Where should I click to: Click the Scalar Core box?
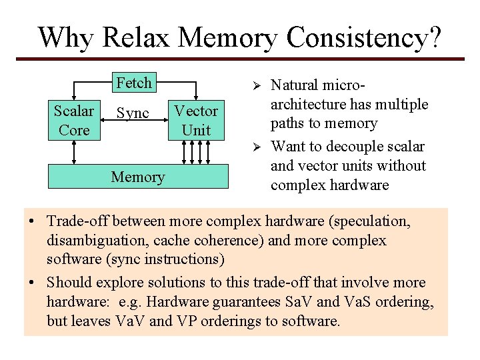click(x=74, y=120)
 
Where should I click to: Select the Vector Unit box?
click(x=196, y=120)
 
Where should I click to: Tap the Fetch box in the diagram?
click(x=134, y=83)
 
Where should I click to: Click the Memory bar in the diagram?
click(x=138, y=177)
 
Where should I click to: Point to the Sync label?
click(x=133, y=113)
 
